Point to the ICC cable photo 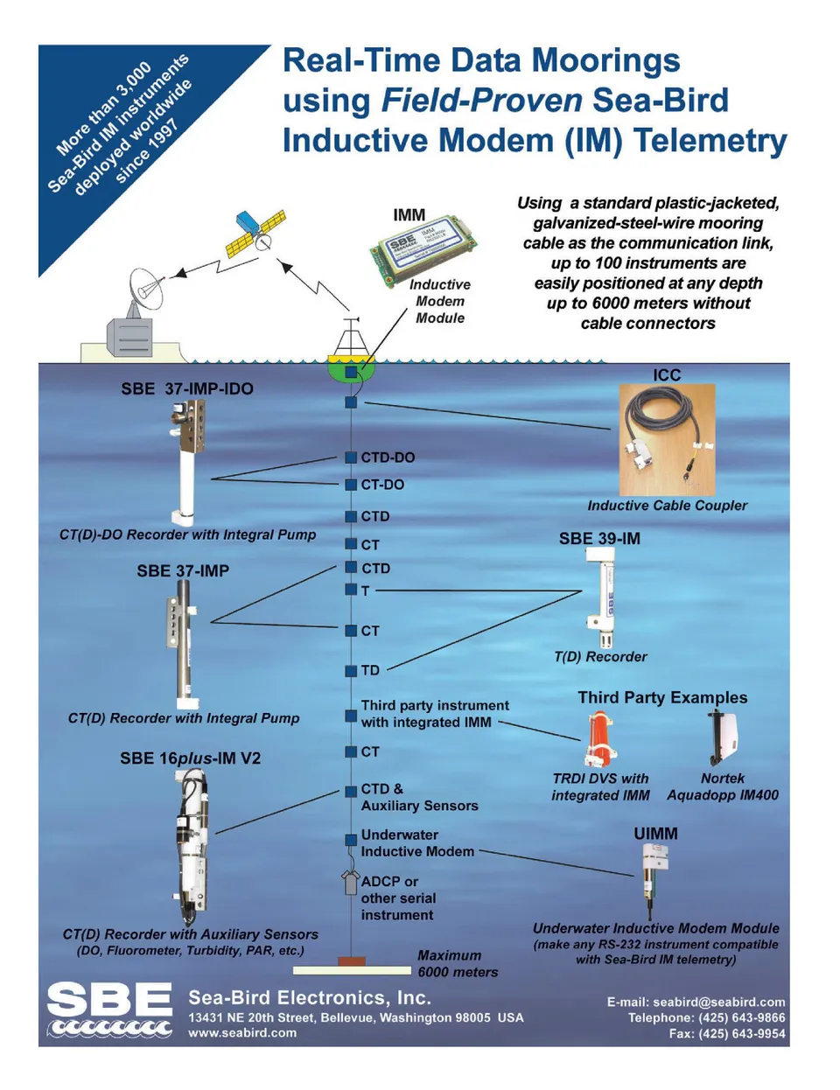(x=667, y=440)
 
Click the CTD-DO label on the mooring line (x=388, y=458)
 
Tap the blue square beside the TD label (x=351, y=670)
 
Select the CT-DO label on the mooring (x=382, y=485)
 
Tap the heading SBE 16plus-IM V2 (x=190, y=758)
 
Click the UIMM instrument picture (x=653, y=883)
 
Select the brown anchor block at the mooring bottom (x=351, y=961)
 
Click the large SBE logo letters (x=110, y=1000)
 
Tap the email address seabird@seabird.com (x=718, y=1002)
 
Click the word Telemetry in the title (x=710, y=141)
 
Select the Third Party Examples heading (x=662, y=697)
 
